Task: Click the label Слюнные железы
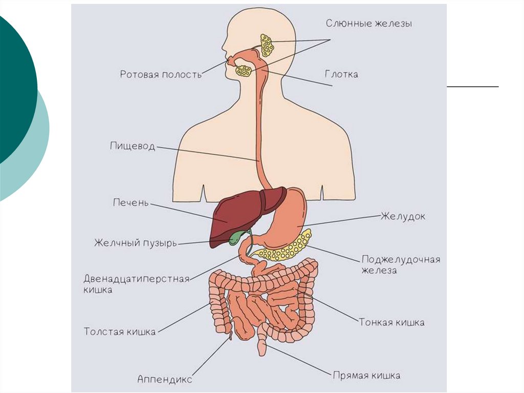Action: (368, 24)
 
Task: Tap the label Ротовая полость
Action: (161, 74)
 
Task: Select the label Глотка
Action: (341, 74)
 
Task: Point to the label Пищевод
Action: (132, 146)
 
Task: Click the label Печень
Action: (130, 202)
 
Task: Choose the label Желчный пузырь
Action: (135, 243)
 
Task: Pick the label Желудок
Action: (403, 216)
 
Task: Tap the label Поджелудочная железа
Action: (401, 264)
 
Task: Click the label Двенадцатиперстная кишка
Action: (136, 284)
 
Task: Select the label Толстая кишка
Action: (120, 332)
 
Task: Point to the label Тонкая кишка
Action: (391, 322)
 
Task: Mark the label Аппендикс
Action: (165, 379)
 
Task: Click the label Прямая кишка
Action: (366, 376)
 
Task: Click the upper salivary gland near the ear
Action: (267, 46)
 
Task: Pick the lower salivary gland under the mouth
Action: (244, 71)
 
